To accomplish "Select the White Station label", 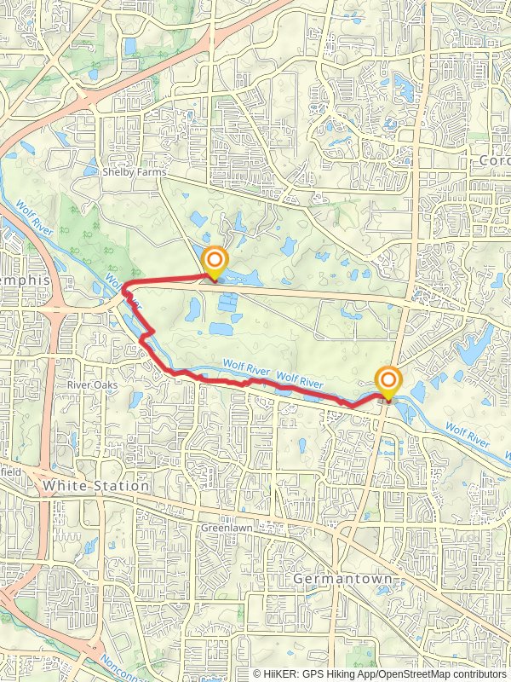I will [95, 485].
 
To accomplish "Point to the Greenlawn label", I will [223, 529].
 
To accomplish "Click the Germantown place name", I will [342, 579].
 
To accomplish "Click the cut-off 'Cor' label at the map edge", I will [494, 160].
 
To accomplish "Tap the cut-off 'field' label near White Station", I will [10, 470].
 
